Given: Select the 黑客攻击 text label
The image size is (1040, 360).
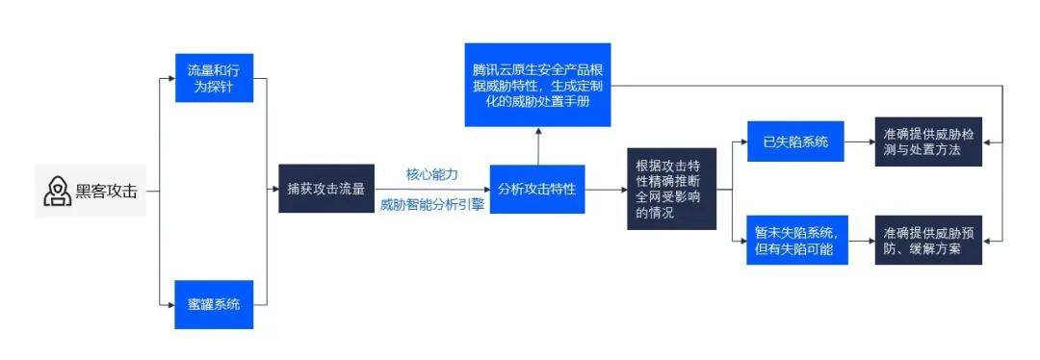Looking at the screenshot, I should click(x=106, y=192).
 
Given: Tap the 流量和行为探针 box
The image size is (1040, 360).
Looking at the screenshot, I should click(x=214, y=80).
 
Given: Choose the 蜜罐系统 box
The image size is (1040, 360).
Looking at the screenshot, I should click(x=214, y=303).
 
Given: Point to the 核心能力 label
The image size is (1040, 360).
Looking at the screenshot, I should click(x=431, y=174).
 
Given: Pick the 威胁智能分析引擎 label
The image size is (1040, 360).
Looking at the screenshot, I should click(x=431, y=205).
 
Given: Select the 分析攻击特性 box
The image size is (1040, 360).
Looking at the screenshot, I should click(x=537, y=190).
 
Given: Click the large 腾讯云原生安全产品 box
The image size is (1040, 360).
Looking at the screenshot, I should click(x=537, y=85).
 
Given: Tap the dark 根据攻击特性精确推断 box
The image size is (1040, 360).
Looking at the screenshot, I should click(x=671, y=190).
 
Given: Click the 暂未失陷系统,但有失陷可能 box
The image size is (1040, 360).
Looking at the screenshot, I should click(x=795, y=241).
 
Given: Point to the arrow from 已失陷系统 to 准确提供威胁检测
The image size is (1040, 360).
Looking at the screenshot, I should click(x=858, y=142).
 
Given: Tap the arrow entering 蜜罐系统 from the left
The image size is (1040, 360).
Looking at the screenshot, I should click(x=167, y=304).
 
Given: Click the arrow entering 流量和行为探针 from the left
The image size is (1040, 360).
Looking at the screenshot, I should click(x=167, y=80).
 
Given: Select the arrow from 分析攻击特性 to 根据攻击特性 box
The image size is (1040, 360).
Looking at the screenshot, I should click(x=605, y=190).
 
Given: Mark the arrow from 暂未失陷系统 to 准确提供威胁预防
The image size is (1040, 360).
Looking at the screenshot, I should click(x=858, y=241).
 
